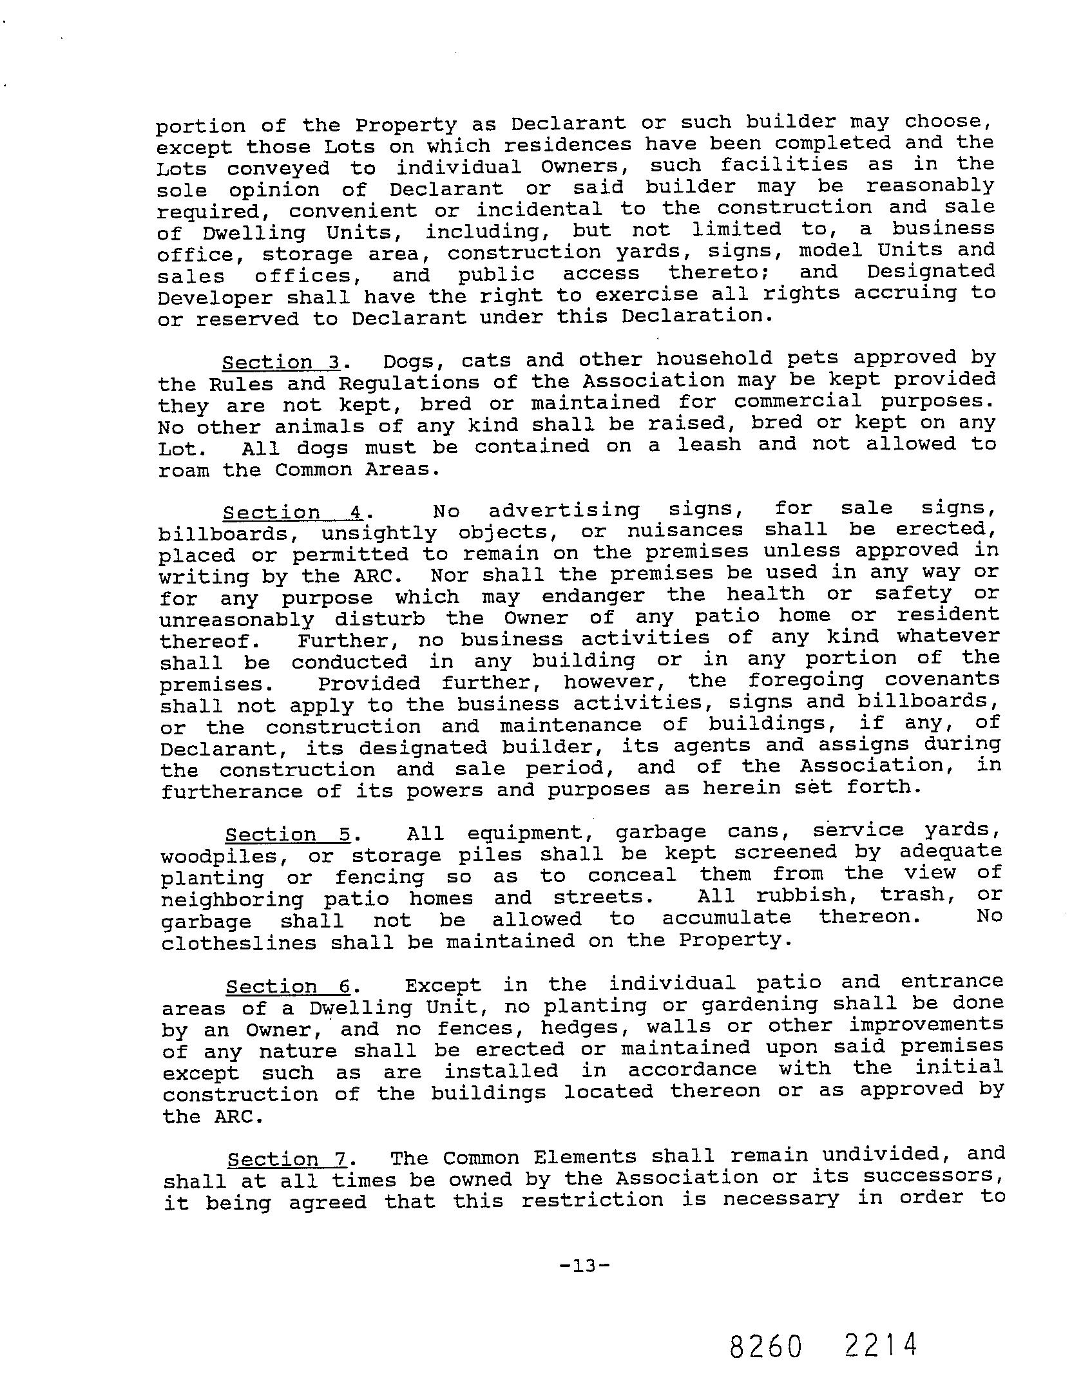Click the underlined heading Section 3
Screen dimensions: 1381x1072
point(281,362)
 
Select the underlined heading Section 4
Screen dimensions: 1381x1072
point(293,513)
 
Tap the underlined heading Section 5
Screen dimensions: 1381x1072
point(287,835)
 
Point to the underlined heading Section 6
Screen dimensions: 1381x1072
point(288,987)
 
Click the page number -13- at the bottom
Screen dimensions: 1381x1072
point(584,1266)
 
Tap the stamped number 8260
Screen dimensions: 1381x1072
point(766,1346)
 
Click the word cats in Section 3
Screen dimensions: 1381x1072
point(487,360)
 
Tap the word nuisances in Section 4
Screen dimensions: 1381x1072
point(685,531)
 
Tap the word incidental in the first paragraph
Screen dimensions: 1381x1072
point(539,209)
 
